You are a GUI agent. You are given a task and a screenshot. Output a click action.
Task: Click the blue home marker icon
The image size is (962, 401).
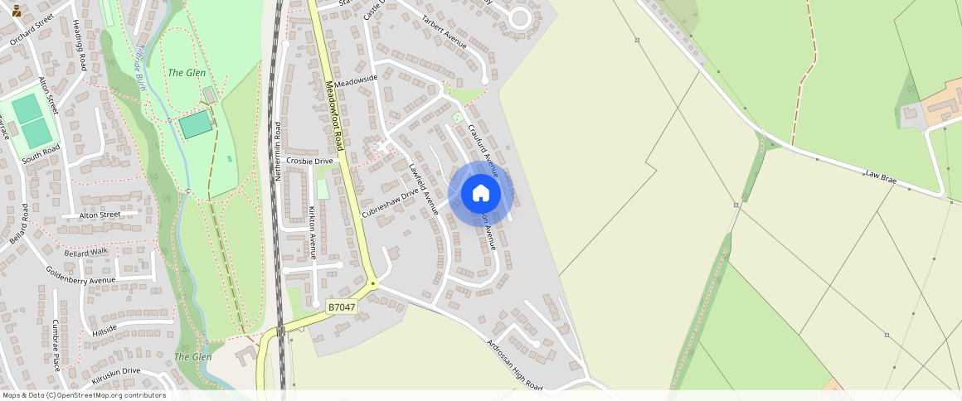[480, 194]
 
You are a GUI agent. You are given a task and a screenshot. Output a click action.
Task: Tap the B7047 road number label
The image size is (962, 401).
[341, 307]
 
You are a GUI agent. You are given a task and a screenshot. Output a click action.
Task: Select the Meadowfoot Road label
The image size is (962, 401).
[339, 116]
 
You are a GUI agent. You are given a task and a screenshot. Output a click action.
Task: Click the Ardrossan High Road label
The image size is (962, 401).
[515, 365]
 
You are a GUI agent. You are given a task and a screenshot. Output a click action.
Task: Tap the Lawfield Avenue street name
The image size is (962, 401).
[422, 190]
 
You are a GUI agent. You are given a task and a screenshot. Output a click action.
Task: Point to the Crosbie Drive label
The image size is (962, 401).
[309, 161]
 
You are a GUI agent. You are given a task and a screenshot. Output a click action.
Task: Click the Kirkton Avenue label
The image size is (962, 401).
[313, 234]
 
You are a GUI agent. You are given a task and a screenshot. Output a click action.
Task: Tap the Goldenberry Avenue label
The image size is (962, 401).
[80, 275]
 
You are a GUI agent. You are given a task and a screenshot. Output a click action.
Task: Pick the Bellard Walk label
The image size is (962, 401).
[86, 251]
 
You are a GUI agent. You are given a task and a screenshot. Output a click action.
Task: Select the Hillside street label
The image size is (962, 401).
[105, 331]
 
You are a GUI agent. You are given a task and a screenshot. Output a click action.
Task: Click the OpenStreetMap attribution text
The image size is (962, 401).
[83, 395]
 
